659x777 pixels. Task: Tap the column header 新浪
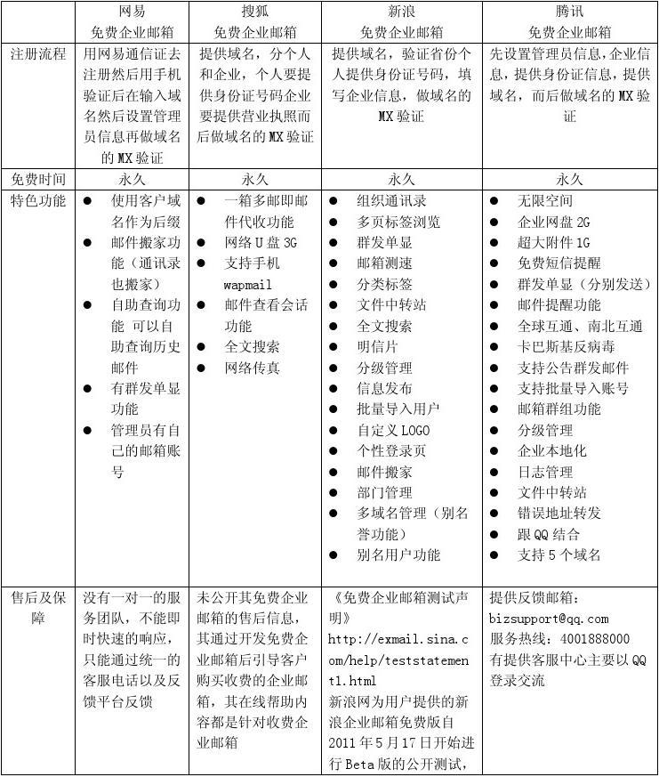[x=402, y=12]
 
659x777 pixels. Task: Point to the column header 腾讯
[x=569, y=12]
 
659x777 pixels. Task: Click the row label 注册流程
[x=38, y=53]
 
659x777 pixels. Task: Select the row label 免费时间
[x=38, y=179]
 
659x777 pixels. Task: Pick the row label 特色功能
[x=38, y=200]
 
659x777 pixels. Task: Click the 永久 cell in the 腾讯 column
[x=569, y=179]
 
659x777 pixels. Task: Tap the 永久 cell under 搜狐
[x=255, y=179]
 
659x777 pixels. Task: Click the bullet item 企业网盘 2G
[x=553, y=222]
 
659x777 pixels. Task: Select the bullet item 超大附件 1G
[x=553, y=243]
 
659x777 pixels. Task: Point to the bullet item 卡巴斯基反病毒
[x=566, y=346]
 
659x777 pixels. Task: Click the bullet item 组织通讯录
[x=391, y=201]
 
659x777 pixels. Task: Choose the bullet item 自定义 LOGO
[x=393, y=430]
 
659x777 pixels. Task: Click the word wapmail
[x=247, y=284]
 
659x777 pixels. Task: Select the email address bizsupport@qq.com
[x=549, y=619]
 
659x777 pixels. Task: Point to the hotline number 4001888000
[x=591, y=639]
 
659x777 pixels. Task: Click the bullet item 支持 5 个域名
[x=559, y=555]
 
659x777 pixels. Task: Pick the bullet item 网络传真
[x=252, y=368]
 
